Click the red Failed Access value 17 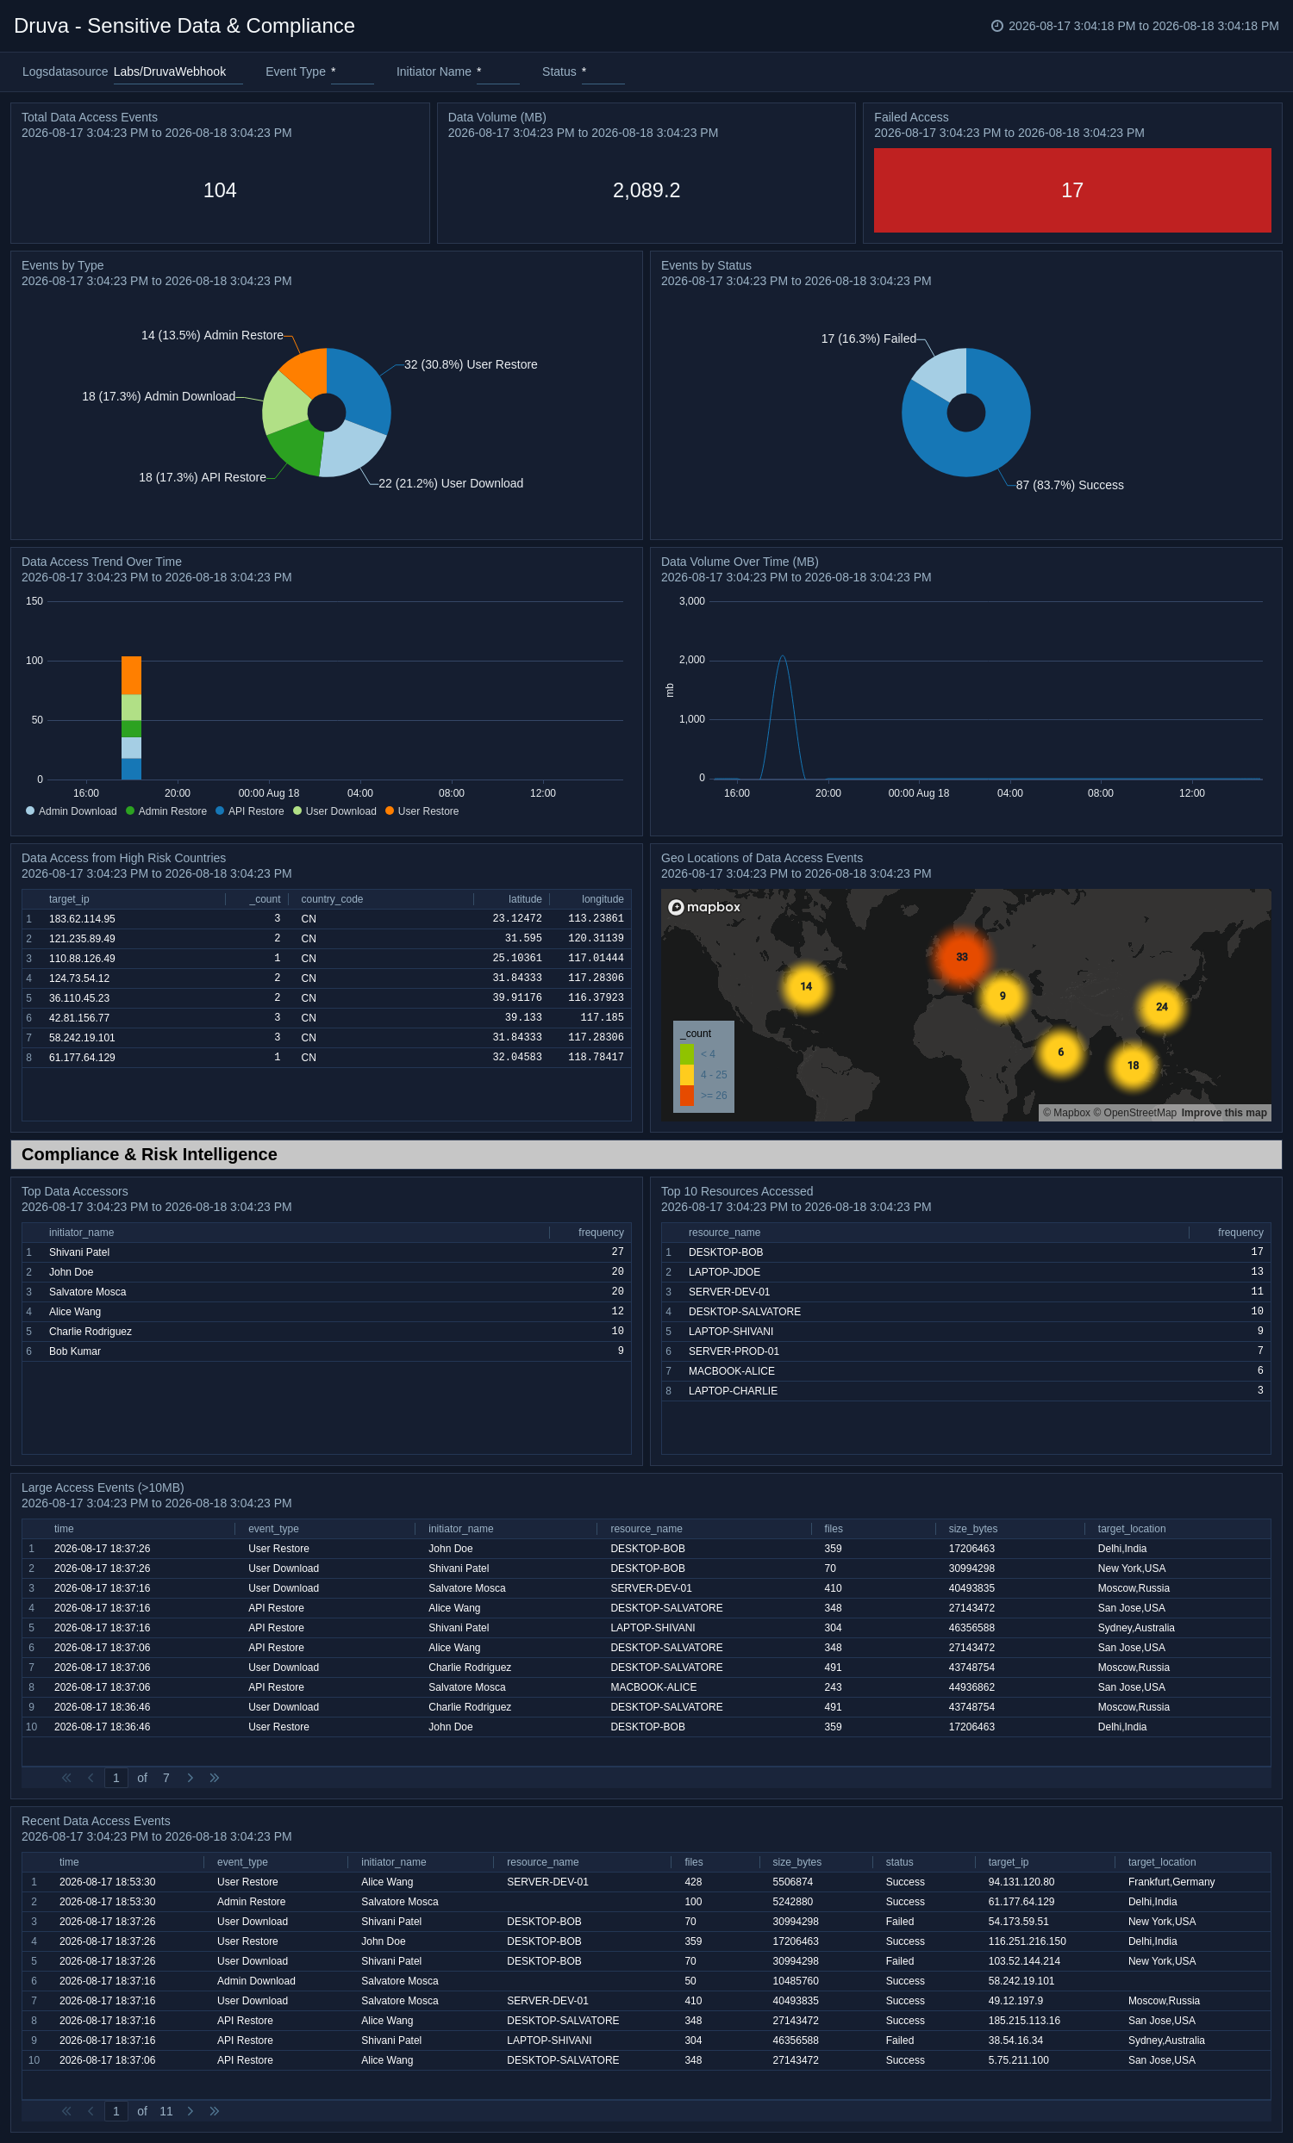(x=1072, y=190)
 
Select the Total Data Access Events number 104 (x=219, y=190)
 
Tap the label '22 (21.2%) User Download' (x=451, y=483)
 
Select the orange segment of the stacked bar (x=131, y=676)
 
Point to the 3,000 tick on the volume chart (x=691, y=601)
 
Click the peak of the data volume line (x=783, y=655)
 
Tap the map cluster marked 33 (x=961, y=957)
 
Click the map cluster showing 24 (x=1162, y=1006)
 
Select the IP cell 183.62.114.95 (x=82, y=919)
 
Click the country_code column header (x=332, y=899)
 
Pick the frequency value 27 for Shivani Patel (x=618, y=1252)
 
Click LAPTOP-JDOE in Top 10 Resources (x=724, y=1272)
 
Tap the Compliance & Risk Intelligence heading (x=149, y=1154)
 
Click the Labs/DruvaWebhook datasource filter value (x=170, y=71)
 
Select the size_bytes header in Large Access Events (x=973, y=1529)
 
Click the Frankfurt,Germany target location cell (x=1171, y=1882)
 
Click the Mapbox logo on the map (x=704, y=907)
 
